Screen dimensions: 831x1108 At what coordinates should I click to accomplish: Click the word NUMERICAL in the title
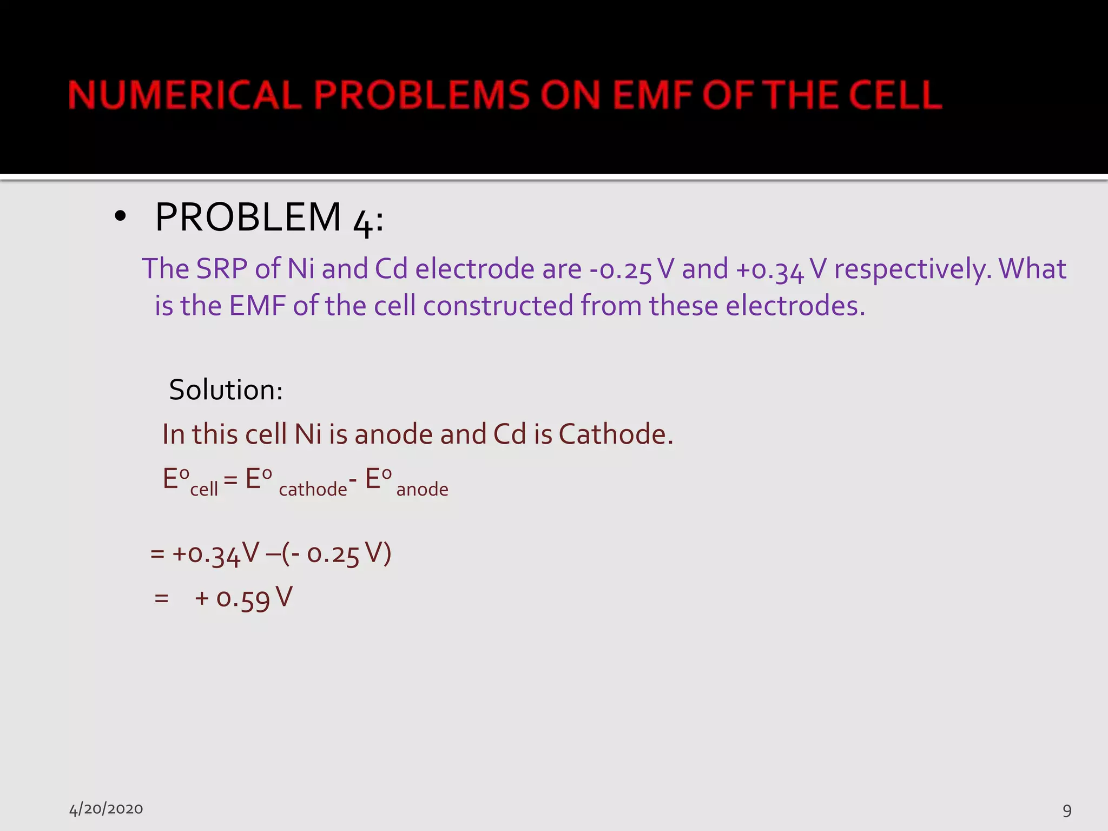(x=184, y=95)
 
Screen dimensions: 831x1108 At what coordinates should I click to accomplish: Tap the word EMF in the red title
(x=652, y=95)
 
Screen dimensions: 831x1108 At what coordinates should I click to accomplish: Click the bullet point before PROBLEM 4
(x=120, y=217)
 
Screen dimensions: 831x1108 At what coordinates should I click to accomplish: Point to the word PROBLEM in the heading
(x=248, y=217)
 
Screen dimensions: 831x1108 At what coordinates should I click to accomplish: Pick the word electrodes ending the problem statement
(x=795, y=306)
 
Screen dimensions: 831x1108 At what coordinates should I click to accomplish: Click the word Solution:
(x=226, y=390)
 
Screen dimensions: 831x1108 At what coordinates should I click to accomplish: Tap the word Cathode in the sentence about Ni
(x=615, y=434)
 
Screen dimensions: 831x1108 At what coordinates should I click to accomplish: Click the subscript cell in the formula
(x=204, y=489)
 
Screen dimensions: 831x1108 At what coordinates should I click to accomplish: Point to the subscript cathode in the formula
(x=313, y=489)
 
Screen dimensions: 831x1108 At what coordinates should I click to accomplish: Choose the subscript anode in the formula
(x=422, y=489)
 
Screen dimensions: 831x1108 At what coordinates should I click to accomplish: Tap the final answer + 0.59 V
(x=243, y=599)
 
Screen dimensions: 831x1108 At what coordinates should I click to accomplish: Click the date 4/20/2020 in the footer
(x=106, y=809)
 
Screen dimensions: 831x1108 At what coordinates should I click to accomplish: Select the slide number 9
(x=1067, y=810)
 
